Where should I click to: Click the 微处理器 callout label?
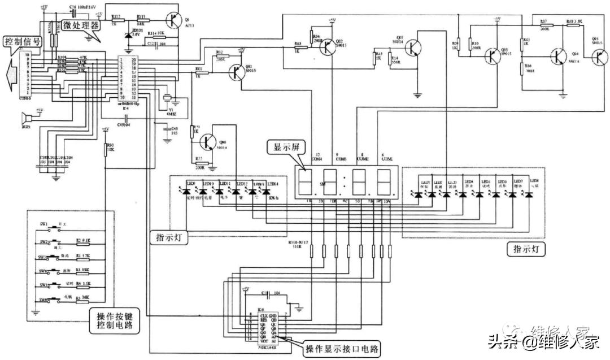pos(80,26)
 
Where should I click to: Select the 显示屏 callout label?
pos(286,148)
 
